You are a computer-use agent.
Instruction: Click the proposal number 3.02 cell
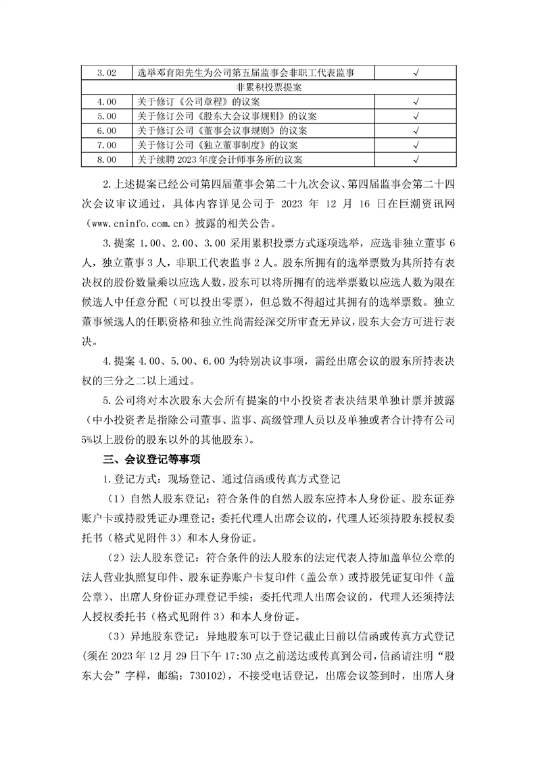click(107, 72)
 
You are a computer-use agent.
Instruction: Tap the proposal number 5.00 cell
click(107, 116)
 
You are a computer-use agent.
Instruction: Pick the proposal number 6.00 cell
click(107, 130)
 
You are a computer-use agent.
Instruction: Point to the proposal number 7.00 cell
click(107, 145)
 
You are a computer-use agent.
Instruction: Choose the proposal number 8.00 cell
click(107, 159)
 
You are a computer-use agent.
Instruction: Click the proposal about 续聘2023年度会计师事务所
click(220, 159)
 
